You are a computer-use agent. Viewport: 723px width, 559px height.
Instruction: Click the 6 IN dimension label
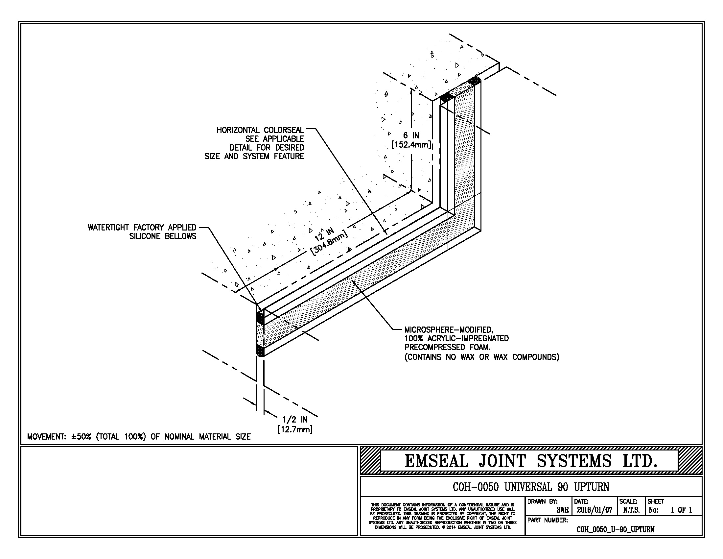[x=411, y=135]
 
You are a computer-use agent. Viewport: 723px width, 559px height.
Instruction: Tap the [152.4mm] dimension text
[x=411, y=145]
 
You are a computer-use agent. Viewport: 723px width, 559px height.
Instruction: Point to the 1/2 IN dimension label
[x=295, y=420]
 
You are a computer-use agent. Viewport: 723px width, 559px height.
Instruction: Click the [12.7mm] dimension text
[x=295, y=429]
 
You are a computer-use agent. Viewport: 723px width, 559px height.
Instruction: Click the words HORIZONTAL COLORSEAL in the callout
[x=260, y=130]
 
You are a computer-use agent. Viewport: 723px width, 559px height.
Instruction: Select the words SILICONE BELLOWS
[x=163, y=236]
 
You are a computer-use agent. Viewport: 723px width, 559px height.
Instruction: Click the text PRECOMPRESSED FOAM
[x=447, y=347]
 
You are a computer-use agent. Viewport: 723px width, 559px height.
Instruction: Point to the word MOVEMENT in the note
[x=47, y=436]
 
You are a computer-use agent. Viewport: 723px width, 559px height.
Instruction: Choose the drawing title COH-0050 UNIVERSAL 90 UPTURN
[x=531, y=487]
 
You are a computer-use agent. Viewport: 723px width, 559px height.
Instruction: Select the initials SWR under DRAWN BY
[x=562, y=510]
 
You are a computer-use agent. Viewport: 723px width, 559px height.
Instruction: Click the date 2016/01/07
[x=595, y=510]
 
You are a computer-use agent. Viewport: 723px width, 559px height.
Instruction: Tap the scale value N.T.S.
[x=631, y=510]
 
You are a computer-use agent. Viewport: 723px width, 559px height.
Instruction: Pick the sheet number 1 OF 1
[x=681, y=510]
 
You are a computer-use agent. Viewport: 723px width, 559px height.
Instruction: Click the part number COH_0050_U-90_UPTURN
[x=616, y=529]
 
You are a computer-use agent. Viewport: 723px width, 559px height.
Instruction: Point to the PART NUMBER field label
[x=548, y=520]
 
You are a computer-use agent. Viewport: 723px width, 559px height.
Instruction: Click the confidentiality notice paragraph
[x=443, y=516]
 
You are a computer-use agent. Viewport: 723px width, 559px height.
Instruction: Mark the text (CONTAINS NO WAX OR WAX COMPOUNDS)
[x=482, y=357]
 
